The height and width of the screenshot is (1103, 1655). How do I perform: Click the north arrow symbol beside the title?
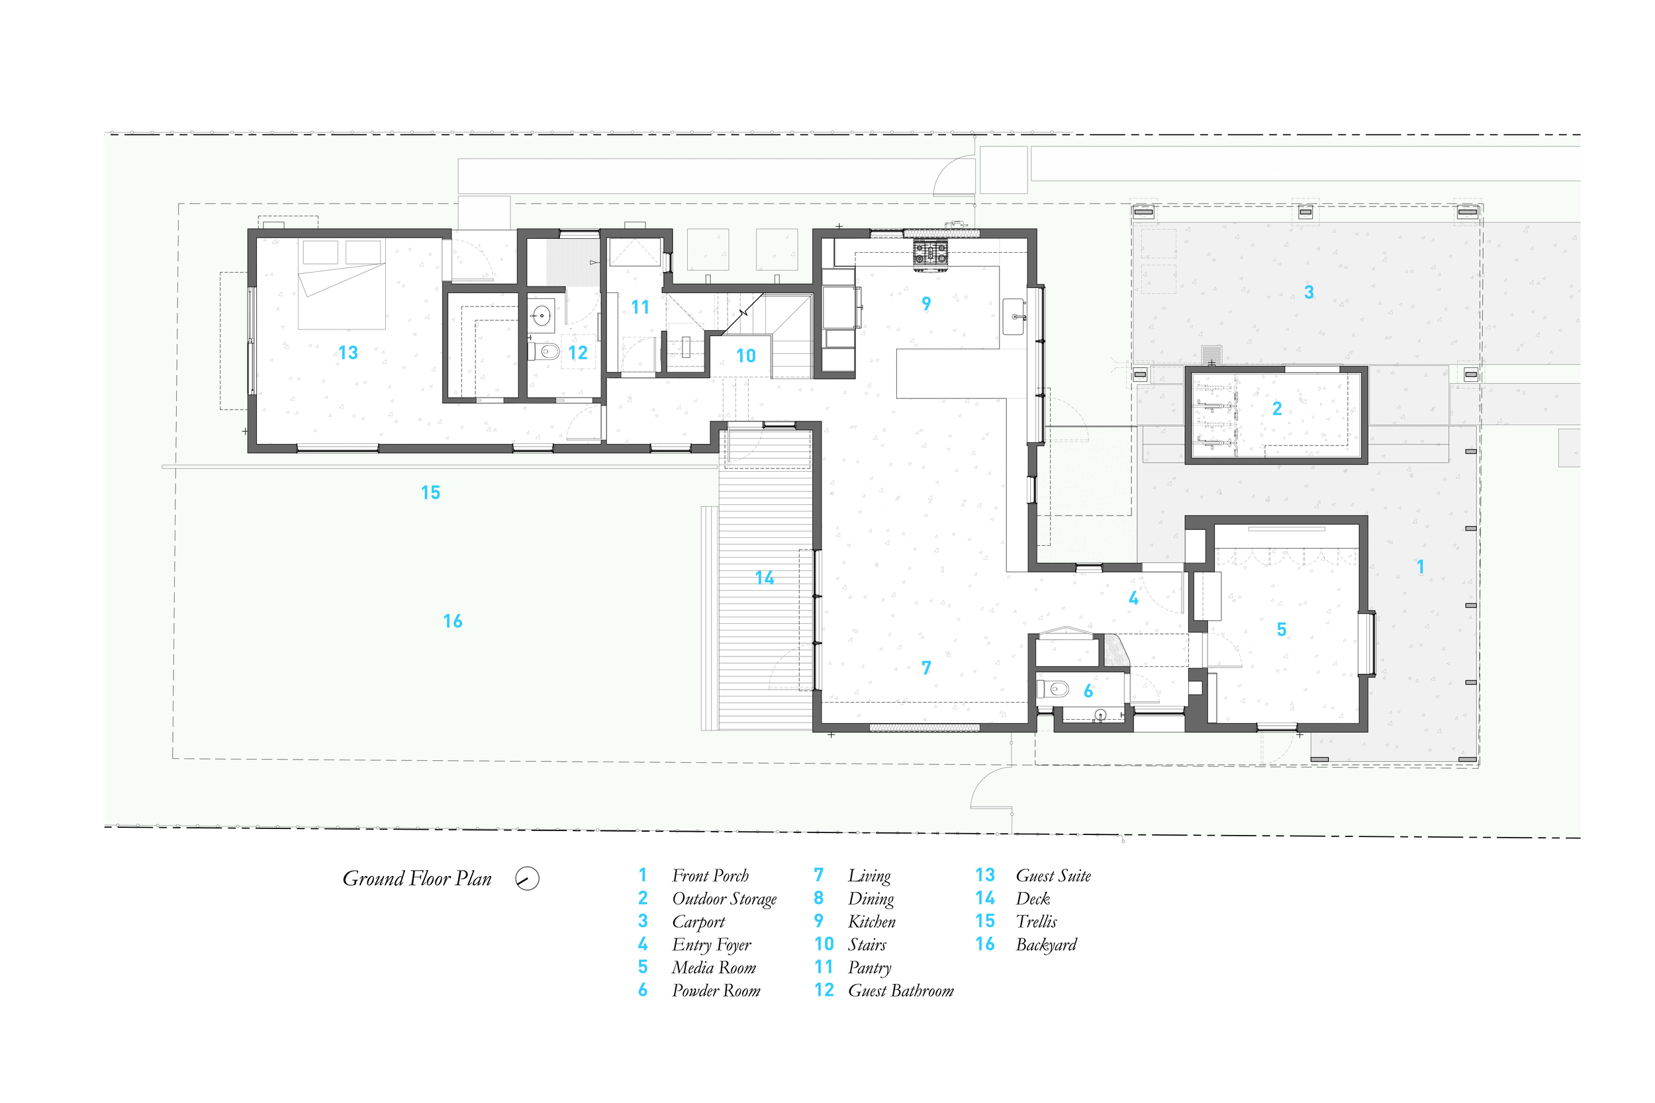click(527, 879)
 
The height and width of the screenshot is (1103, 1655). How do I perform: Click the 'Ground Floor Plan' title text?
click(416, 879)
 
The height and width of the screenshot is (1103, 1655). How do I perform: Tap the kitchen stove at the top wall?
click(930, 255)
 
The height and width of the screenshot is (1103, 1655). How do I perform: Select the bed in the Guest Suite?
click(342, 285)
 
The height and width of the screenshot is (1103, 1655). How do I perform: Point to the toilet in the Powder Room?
click(1053, 689)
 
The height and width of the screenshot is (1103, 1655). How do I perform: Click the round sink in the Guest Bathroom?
click(541, 316)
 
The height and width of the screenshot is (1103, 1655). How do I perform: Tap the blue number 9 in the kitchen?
click(926, 303)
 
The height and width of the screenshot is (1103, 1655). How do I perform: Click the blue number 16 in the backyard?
click(452, 621)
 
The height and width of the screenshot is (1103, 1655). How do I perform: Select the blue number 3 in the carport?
click(1309, 292)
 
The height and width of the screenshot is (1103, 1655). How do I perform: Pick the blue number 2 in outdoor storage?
click(1277, 408)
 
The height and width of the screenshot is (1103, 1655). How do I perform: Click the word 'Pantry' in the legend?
click(870, 968)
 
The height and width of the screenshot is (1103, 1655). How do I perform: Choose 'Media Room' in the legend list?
click(714, 968)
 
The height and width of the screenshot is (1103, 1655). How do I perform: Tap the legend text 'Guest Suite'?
click(1053, 876)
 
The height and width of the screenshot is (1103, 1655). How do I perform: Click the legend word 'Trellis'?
click(1036, 922)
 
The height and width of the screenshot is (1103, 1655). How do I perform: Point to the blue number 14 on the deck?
click(764, 578)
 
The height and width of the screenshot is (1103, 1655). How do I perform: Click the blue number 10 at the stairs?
click(746, 356)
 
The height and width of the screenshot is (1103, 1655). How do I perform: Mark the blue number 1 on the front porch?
click(1420, 566)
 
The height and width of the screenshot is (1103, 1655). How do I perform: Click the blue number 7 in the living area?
click(926, 667)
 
